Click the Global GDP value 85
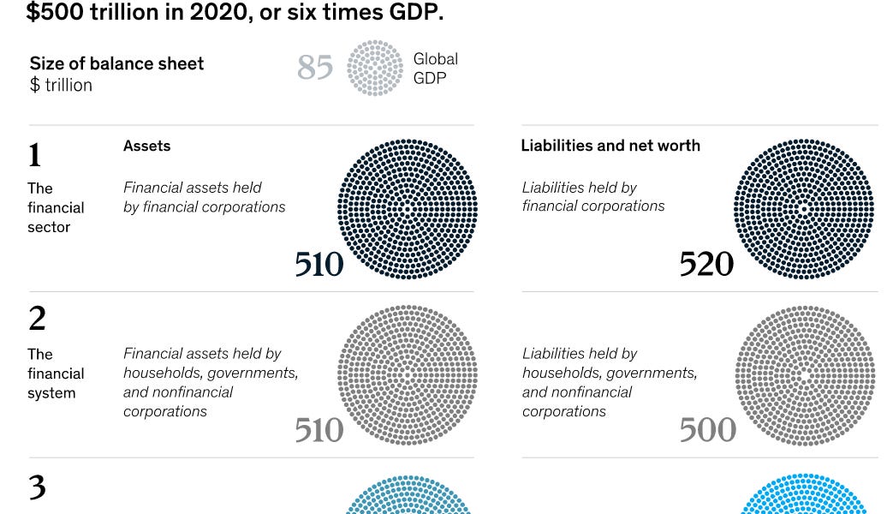pyautogui.click(x=315, y=67)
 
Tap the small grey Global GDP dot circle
pyautogui.click(x=374, y=67)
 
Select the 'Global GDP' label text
pyautogui.click(x=435, y=68)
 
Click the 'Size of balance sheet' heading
pyautogui.click(x=116, y=63)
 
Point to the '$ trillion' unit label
pyautogui.click(x=61, y=86)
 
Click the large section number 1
pyautogui.click(x=34, y=155)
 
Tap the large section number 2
pyautogui.click(x=37, y=319)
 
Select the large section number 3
pyautogui.click(x=37, y=487)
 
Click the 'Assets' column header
pyautogui.click(x=146, y=146)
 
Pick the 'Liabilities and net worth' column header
pyautogui.click(x=610, y=146)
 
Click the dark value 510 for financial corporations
pyautogui.click(x=319, y=265)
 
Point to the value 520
pyautogui.click(x=706, y=265)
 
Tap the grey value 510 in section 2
pyautogui.click(x=319, y=430)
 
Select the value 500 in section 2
pyautogui.click(x=707, y=430)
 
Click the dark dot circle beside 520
pyautogui.click(x=803, y=209)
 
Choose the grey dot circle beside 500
pyautogui.click(x=804, y=374)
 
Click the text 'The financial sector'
pyautogui.click(x=56, y=207)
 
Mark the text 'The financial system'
pyautogui.click(x=56, y=374)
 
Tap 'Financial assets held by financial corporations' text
pyautogui.click(x=204, y=197)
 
